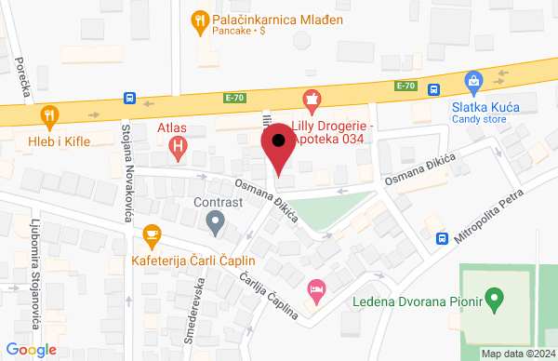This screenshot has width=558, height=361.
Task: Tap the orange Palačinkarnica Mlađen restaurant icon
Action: coord(198,19)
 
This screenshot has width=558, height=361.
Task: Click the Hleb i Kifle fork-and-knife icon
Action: coord(49,115)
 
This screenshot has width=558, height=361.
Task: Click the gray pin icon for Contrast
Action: coord(216,221)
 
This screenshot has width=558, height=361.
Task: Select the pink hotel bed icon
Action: coord(317,290)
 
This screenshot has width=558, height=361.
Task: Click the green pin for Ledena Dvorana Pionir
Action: coord(495,301)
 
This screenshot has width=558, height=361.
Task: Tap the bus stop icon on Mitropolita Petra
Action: coord(442,237)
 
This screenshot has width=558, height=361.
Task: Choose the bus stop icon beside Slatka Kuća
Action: coord(434,89)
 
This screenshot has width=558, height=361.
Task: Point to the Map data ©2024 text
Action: coord(516,354)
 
